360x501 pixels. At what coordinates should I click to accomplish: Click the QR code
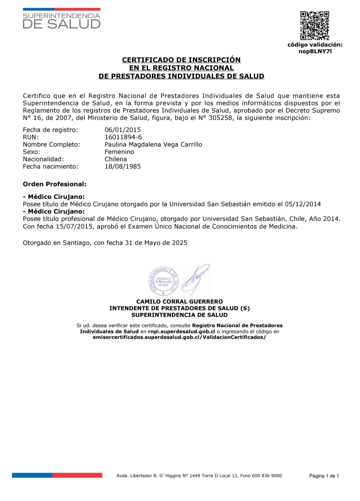[x=315, y=26]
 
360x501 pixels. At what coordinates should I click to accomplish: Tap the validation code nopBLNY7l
[x=315, y=51]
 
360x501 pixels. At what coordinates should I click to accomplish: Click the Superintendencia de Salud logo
[x=62, y=19]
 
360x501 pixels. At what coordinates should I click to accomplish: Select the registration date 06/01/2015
[x=123, y=130]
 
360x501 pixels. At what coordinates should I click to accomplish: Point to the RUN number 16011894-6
[x=123, y=137]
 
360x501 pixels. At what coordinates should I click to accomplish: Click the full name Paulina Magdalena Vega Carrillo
[x=153, y=144]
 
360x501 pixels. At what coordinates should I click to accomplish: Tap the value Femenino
[x=119, y=152]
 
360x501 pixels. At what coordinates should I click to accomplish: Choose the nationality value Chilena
[x=116, y=159]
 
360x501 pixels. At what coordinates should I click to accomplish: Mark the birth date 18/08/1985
[x=123, y=166]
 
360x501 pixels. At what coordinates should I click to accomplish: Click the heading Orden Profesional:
[x=54, y=184]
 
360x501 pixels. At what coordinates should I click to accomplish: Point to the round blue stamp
[x=163, y=281]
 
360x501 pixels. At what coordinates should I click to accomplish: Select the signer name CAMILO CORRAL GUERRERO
[x=179, y=301]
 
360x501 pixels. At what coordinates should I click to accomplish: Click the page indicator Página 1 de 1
[x=324, y=476]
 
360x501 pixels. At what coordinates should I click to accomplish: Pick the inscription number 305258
[x=220, y=118]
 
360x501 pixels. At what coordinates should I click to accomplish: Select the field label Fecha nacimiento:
[x=50, y=166]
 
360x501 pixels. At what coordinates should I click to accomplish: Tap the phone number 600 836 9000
[x=267, y=476]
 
